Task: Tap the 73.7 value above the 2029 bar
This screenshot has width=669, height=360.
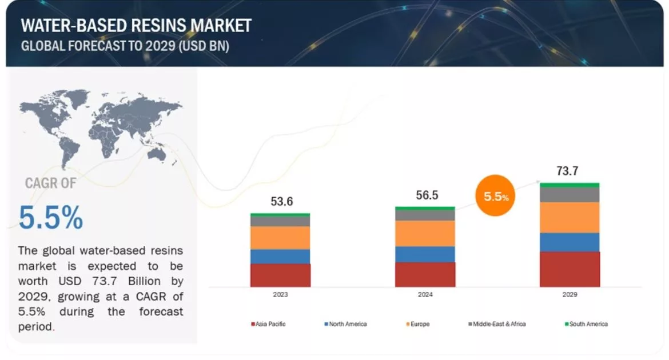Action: (x=570, y=171)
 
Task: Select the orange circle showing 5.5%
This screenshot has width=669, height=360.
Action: (x=496, y=197)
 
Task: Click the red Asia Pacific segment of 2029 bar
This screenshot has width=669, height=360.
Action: (x=570, y=269)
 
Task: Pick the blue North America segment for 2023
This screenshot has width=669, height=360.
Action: (x=280, y=256)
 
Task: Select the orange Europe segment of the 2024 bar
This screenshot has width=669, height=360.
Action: (x=425, y=233)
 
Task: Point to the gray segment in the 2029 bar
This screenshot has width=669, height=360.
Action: (x=570, y=195)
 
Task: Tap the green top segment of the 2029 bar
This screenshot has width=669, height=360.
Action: (x=570, y=185)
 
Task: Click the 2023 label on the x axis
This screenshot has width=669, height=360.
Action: (x=280, y=295)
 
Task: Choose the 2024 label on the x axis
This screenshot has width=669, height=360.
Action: (x=425, y=295)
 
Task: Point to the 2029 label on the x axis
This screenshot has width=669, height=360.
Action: (x=570, y=295)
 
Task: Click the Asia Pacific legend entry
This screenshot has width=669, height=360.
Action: (x=268, y=324)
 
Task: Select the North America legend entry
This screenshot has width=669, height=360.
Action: (x=345, y=324)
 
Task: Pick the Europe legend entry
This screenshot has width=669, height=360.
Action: (x=418, y=324)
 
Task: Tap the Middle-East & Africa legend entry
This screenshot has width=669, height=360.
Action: (x=496, y=324)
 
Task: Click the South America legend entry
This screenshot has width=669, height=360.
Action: (x=586, y=324)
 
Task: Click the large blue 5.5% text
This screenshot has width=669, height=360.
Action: (x=51, y=218)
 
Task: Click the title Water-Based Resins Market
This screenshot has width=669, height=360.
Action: (x=136, y=26)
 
